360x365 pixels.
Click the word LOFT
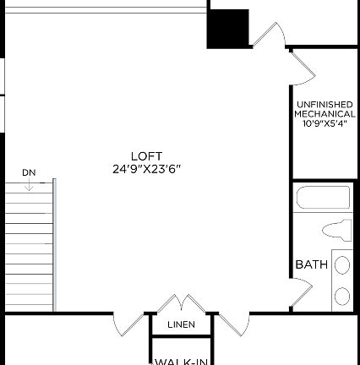point(146,155)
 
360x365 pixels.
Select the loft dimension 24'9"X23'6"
point(146,168)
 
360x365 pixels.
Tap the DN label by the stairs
point(30,173)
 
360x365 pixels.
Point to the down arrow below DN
point(30,185)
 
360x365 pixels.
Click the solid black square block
point(228,29)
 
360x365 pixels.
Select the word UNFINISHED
point(325,104)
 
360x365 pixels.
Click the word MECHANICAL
point(325,113)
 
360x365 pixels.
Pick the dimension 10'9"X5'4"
point(325,123)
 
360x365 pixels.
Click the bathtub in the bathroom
point(322,198)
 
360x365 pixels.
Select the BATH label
point(311,264)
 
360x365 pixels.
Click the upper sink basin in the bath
point(342,265)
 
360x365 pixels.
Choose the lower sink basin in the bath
point(342,296)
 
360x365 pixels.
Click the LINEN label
point(181,324)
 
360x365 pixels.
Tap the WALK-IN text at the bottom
point(181,361)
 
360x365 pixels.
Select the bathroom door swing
point(301,297)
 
